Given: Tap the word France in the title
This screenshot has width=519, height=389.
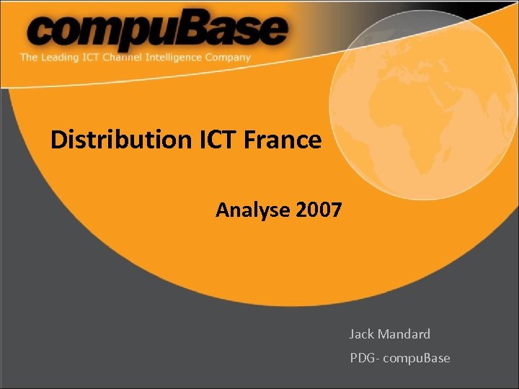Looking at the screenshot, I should tap(283, 139).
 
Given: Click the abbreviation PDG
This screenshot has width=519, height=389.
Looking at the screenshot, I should tap(363, 358).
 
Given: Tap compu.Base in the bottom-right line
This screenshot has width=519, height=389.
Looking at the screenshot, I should tap(418, 358).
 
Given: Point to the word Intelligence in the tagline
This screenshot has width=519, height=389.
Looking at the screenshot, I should tap(180, 58).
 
